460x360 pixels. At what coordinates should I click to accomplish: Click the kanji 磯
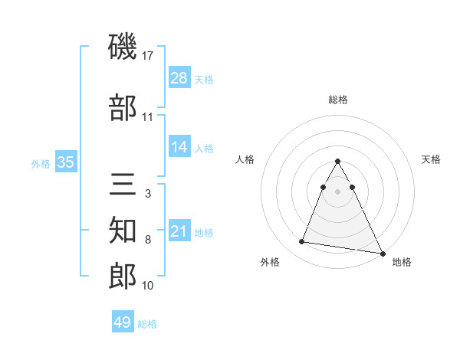click(x=123, y=48)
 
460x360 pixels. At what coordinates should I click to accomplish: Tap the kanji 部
click(x=123, y=108)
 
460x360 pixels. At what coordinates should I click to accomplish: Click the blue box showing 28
click(x=179, y=78)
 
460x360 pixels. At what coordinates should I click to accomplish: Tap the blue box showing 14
click(x=179, y=147)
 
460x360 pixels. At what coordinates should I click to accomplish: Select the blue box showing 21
click(x=179, y=231)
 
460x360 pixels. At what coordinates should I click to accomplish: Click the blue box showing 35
click(x=65, y=162)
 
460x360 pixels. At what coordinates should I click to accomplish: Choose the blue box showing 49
click(x=123, y=322)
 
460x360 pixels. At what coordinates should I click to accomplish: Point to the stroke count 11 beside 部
click(x=148, y=117)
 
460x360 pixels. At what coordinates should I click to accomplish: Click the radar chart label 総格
click(x=338, y=100)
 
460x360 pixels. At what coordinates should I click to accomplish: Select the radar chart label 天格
click(x=431, y=159)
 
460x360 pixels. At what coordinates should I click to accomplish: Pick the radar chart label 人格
click(x=245, y=159)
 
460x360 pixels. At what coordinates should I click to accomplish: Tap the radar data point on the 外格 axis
click(x=302, y=242)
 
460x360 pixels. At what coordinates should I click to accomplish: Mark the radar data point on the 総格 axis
click(x=338, y=162)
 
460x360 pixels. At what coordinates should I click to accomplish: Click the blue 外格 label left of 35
click(x=41, y=163)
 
